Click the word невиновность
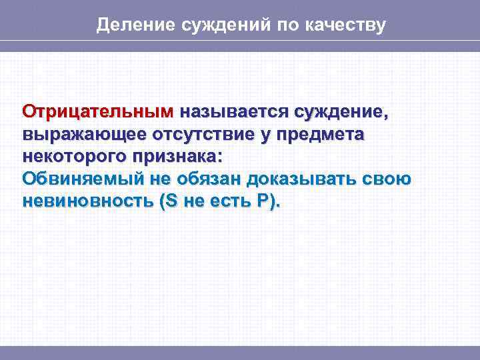(x=87, y=202)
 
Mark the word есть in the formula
(x=228, y=202)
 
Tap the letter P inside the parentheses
(x=263, y=202)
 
